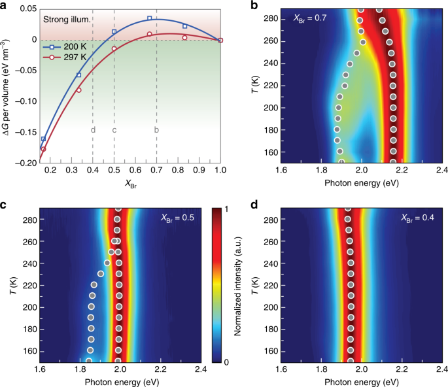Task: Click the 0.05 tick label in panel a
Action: click(27, 9)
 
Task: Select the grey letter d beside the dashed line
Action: click(93, 130)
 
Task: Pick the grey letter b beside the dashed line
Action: click(156, 130)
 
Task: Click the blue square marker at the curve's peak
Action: click(150, 18)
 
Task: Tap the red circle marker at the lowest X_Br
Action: click(44, 149)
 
